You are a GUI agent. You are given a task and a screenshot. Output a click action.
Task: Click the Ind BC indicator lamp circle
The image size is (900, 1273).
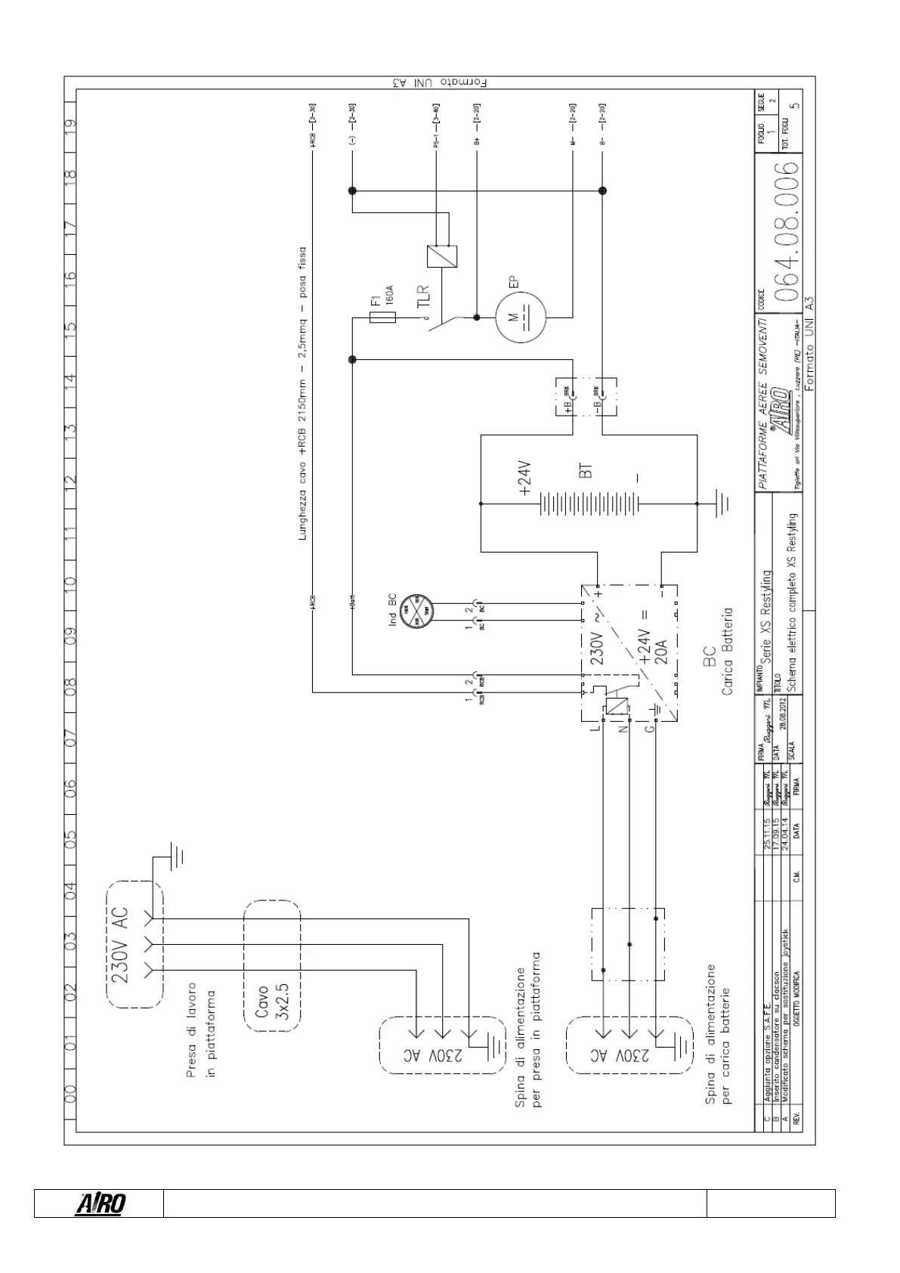[x=415, y=611]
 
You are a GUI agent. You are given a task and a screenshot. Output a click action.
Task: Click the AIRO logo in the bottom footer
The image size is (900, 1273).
[x=100, y=1203]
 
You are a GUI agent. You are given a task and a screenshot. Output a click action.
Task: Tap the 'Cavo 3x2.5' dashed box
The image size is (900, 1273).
[x=272, y=964]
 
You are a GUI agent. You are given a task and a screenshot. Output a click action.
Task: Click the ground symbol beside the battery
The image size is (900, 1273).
[x=719, y=502]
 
